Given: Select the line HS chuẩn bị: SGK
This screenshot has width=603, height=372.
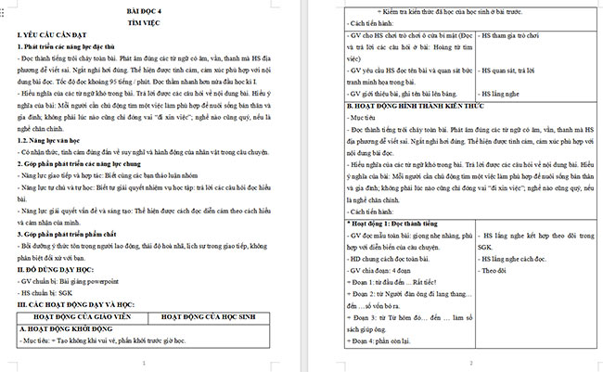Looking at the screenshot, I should pos(46,291).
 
